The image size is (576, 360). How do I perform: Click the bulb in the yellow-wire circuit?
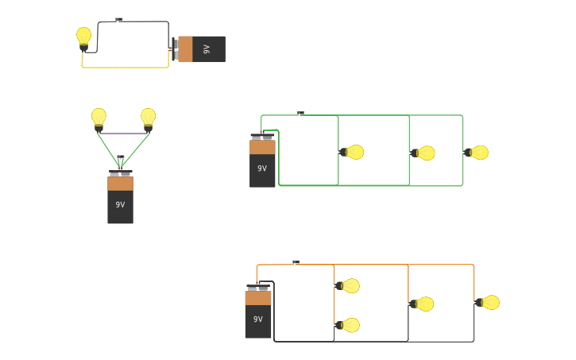(83, 37)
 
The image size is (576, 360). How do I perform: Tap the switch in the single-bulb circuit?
(119, 20)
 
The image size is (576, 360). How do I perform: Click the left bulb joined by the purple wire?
(99, 118)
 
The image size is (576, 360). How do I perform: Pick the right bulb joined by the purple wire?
(148, 118)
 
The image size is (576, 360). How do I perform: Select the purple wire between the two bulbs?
(123, 134)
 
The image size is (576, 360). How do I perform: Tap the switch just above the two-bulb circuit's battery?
(121, 157)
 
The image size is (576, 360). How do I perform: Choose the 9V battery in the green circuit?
(262, 163)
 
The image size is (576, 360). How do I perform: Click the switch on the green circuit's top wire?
(300, 114)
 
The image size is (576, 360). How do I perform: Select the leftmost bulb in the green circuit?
(353, 152)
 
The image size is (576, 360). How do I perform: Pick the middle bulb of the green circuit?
(424, 153)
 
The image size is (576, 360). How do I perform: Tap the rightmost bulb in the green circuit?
(477, 152)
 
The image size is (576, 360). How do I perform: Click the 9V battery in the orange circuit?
(258, 314)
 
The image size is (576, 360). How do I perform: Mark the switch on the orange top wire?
(296, 262)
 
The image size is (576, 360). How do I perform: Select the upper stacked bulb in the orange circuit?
(349, 285)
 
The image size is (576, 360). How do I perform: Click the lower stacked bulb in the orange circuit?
(349, 325)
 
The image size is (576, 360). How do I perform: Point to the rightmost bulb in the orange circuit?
(489, 302)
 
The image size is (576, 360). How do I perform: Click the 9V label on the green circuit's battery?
(262, 168)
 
